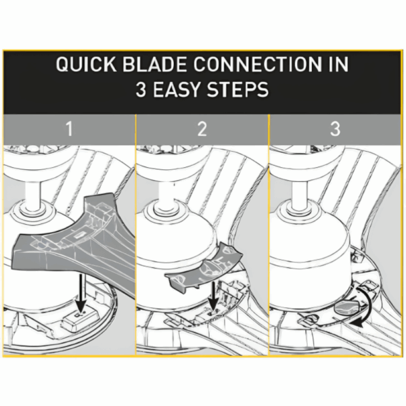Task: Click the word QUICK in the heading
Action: tap(86, 64)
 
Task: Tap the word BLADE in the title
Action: tap(154, 64)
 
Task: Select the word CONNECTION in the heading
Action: tap(258, 64)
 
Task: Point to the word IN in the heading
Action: tap(339, 64)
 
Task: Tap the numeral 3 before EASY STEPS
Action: tap(141, 89)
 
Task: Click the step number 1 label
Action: tap(69, 129)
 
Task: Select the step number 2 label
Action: tap(202, 129)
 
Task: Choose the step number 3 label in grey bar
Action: tap(335, 129)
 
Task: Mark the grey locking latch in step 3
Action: tap(347, 308)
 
